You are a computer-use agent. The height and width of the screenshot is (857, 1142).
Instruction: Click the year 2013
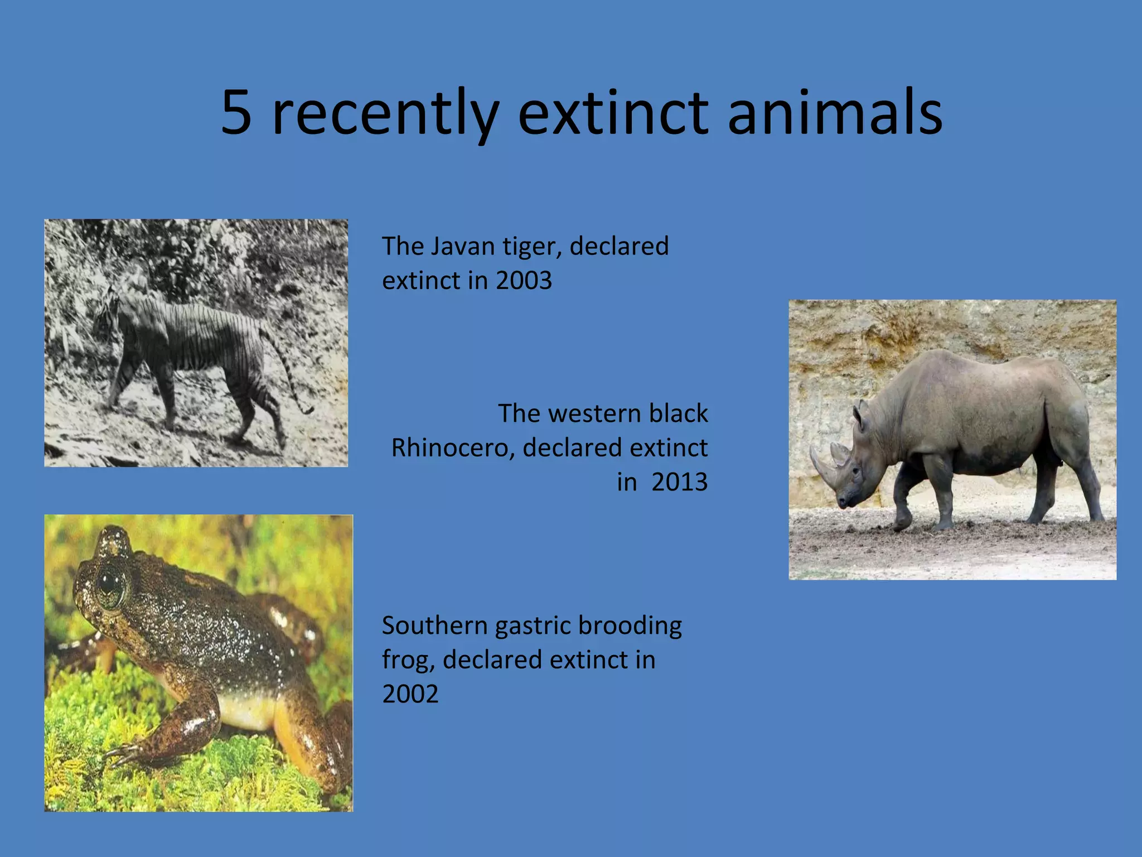679,482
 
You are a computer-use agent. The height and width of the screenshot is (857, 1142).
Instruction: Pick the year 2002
410,694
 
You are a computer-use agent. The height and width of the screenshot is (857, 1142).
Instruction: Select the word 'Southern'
434,625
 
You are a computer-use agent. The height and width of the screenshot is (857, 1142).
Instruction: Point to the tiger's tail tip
307,411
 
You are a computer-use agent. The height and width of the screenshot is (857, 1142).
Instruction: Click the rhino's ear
859,413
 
